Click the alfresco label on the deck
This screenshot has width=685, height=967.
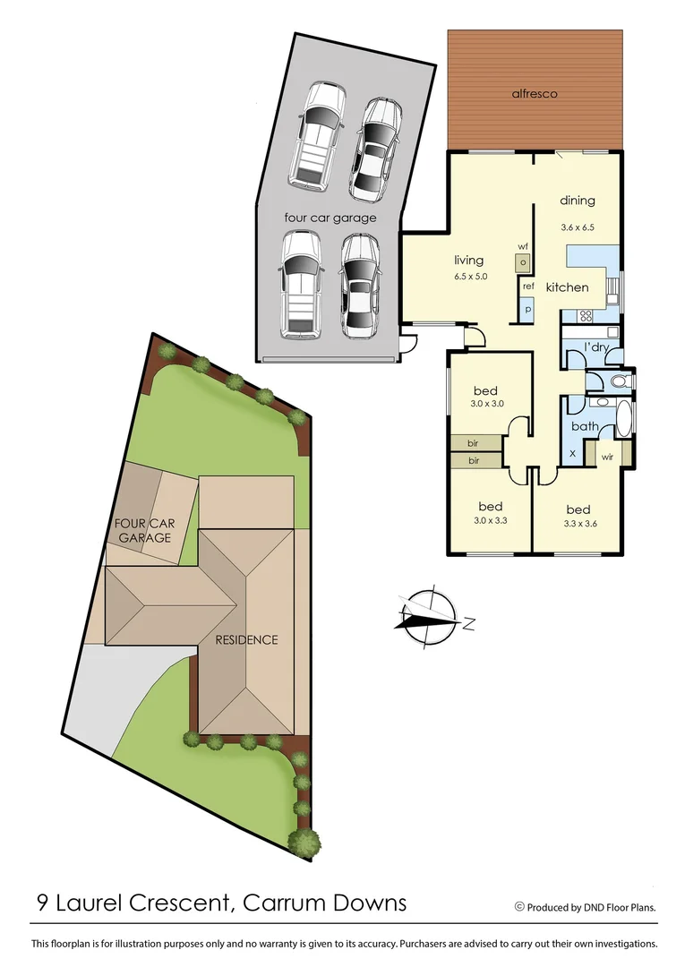click(x=535, y=93)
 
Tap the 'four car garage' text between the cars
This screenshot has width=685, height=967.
click(x=330, y=218)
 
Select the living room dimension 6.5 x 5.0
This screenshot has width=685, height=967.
click(x=470, y=277)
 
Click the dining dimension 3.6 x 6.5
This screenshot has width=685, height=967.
click(x=578, y=227)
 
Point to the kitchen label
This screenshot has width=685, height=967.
click(x=568, y=287)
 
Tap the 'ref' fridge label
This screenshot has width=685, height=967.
click(x=528, y=287)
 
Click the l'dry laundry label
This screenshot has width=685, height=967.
click(x=597, y=347)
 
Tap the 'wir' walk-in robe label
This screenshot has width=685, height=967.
click(x=606, y=456)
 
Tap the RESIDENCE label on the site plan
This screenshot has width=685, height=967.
click(x=245, y=639)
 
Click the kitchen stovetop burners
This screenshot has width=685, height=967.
click(x=586, y=315)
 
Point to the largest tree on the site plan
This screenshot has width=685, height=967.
click(x=306, y=841)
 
